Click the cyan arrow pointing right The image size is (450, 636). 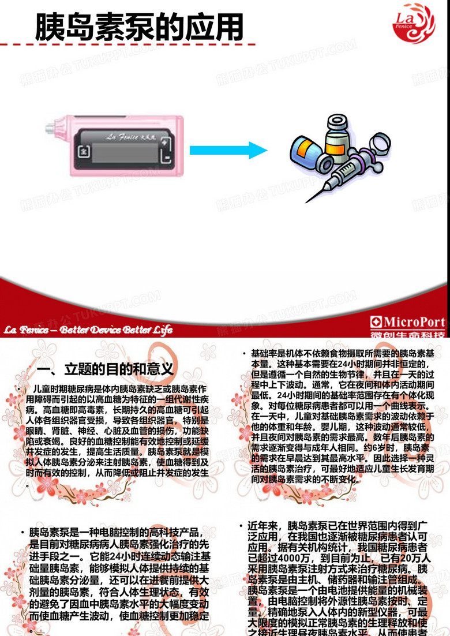(229, 151)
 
